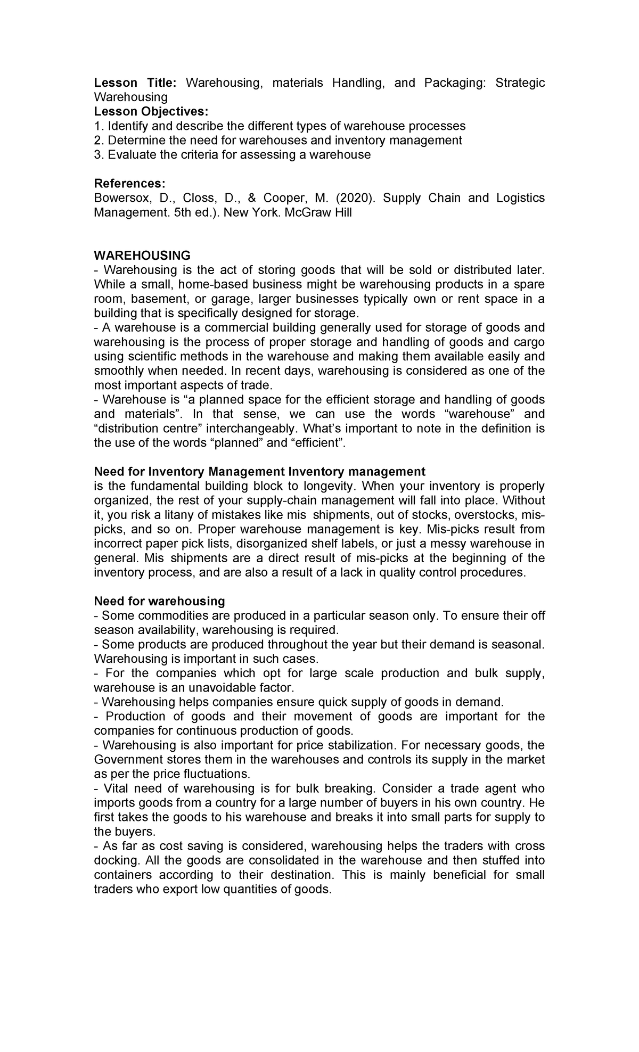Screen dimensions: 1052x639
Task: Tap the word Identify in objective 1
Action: [128, 126]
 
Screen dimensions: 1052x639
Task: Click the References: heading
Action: [129, 183]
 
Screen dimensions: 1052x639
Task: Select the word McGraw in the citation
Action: [306, 212]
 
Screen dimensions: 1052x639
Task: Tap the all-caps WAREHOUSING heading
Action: [142, 256]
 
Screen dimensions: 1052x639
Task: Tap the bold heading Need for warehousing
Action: [159, 601]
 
